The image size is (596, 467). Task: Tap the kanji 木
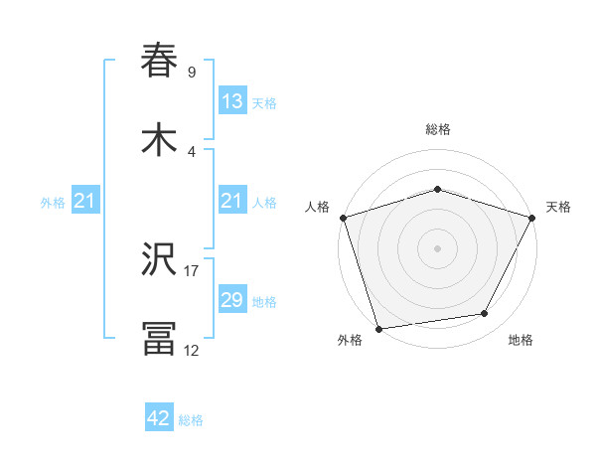tap(160, 139)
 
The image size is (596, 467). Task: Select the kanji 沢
tap(160, 259)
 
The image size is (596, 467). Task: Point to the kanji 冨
tap(160, 338)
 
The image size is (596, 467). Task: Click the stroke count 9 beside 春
tap(192, 72)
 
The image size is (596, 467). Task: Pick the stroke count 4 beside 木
tap(192, 151)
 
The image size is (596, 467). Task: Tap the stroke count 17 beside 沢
tap(192, 270)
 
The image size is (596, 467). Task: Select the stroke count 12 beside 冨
tap(192, 350)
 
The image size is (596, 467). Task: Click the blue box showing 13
tap(231, 101)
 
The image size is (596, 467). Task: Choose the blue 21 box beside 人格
tap(231, 202)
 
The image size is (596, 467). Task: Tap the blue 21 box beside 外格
tap(84, 202)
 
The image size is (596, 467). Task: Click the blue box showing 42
tap(159, 419)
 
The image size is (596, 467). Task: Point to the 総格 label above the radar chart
tap(438, 129)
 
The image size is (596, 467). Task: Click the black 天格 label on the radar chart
tap(558, 207)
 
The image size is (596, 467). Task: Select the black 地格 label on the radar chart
tap(521, 340)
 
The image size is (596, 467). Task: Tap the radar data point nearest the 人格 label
tap(344, 218)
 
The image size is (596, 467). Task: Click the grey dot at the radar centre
tap(438, 247)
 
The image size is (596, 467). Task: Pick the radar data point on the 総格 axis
tap(438, 189)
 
